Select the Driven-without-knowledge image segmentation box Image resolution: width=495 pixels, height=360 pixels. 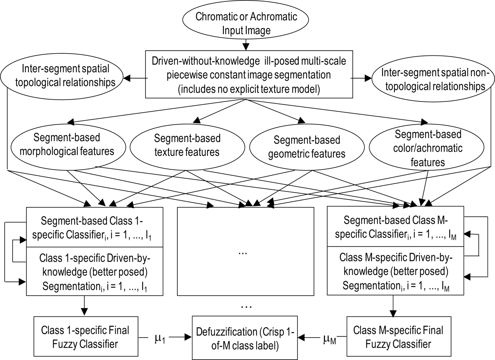point(249,75)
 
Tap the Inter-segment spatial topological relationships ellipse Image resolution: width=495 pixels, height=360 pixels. point(63,76)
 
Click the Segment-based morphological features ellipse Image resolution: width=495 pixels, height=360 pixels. point(67,145)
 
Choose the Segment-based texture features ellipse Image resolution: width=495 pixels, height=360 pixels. point(187,145)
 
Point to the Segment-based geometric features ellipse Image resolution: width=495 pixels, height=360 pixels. point(307,147)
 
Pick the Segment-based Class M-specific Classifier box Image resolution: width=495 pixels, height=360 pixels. point(395,227)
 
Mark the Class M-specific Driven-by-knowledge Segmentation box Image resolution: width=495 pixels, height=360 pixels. point(395,271)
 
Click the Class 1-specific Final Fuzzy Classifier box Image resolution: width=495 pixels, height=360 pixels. point(86,337)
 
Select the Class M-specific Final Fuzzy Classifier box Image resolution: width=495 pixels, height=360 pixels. point(398,337)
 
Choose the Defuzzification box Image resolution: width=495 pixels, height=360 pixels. point(245,338)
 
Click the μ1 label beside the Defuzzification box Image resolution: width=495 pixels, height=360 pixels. point(160,338)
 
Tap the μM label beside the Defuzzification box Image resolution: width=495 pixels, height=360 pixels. point(329,339)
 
